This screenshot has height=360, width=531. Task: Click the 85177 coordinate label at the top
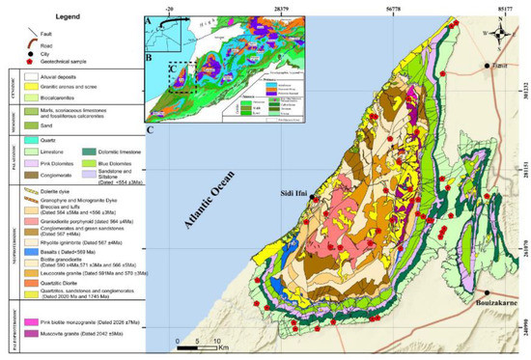tap(511, 7)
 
